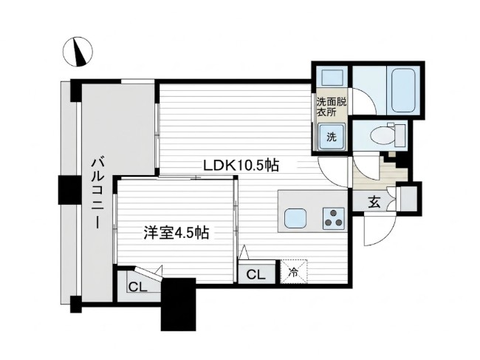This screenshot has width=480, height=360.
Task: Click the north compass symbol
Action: (78, 51)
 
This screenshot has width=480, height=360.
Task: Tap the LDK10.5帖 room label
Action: (241, 166)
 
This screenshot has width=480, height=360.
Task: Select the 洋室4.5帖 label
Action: (176, 233)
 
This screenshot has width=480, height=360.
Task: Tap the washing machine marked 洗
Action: (332, 137)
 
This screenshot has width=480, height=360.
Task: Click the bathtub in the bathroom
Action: (403, 90)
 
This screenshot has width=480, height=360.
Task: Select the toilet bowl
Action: (380, 135)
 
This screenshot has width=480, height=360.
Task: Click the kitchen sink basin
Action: (295, 219)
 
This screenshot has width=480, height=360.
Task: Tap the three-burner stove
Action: (333, 219)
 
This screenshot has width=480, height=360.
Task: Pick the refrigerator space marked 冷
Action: (294, 272)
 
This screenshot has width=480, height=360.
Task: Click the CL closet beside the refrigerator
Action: (256, 273)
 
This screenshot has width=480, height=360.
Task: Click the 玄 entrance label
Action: (374, 203)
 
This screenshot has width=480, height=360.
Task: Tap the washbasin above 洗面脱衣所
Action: (331, 78)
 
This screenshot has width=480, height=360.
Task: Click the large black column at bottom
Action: (179, 305)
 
